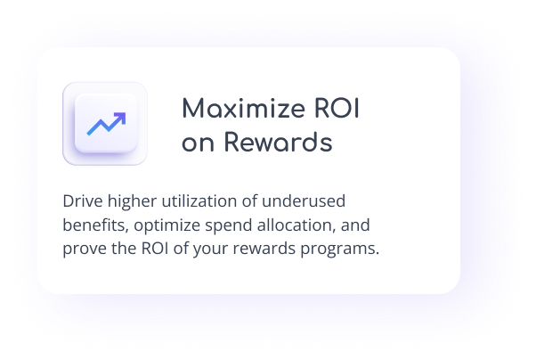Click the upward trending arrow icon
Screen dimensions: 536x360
(x=106, y=124)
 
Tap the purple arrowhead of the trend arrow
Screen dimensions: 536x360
(x=120, y=118)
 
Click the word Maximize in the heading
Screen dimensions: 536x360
(x=243, y=109)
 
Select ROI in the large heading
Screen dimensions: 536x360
(x=337, y=109)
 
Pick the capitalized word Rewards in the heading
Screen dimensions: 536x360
(x=279, y=142)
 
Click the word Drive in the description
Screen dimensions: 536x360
(x=83, y=200)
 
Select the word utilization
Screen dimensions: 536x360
(x=199, y=200)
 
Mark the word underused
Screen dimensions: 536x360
(x=304, y=200)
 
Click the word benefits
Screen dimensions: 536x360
(x=96, y=225)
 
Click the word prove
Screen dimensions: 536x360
(x=85, y=250)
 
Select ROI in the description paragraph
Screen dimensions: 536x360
(x=155, y=249)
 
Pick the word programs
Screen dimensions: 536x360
(x=340, y=250)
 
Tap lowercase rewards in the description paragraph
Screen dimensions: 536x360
(x=264, y=249)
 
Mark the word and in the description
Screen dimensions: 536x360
(x=355, y=225)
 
